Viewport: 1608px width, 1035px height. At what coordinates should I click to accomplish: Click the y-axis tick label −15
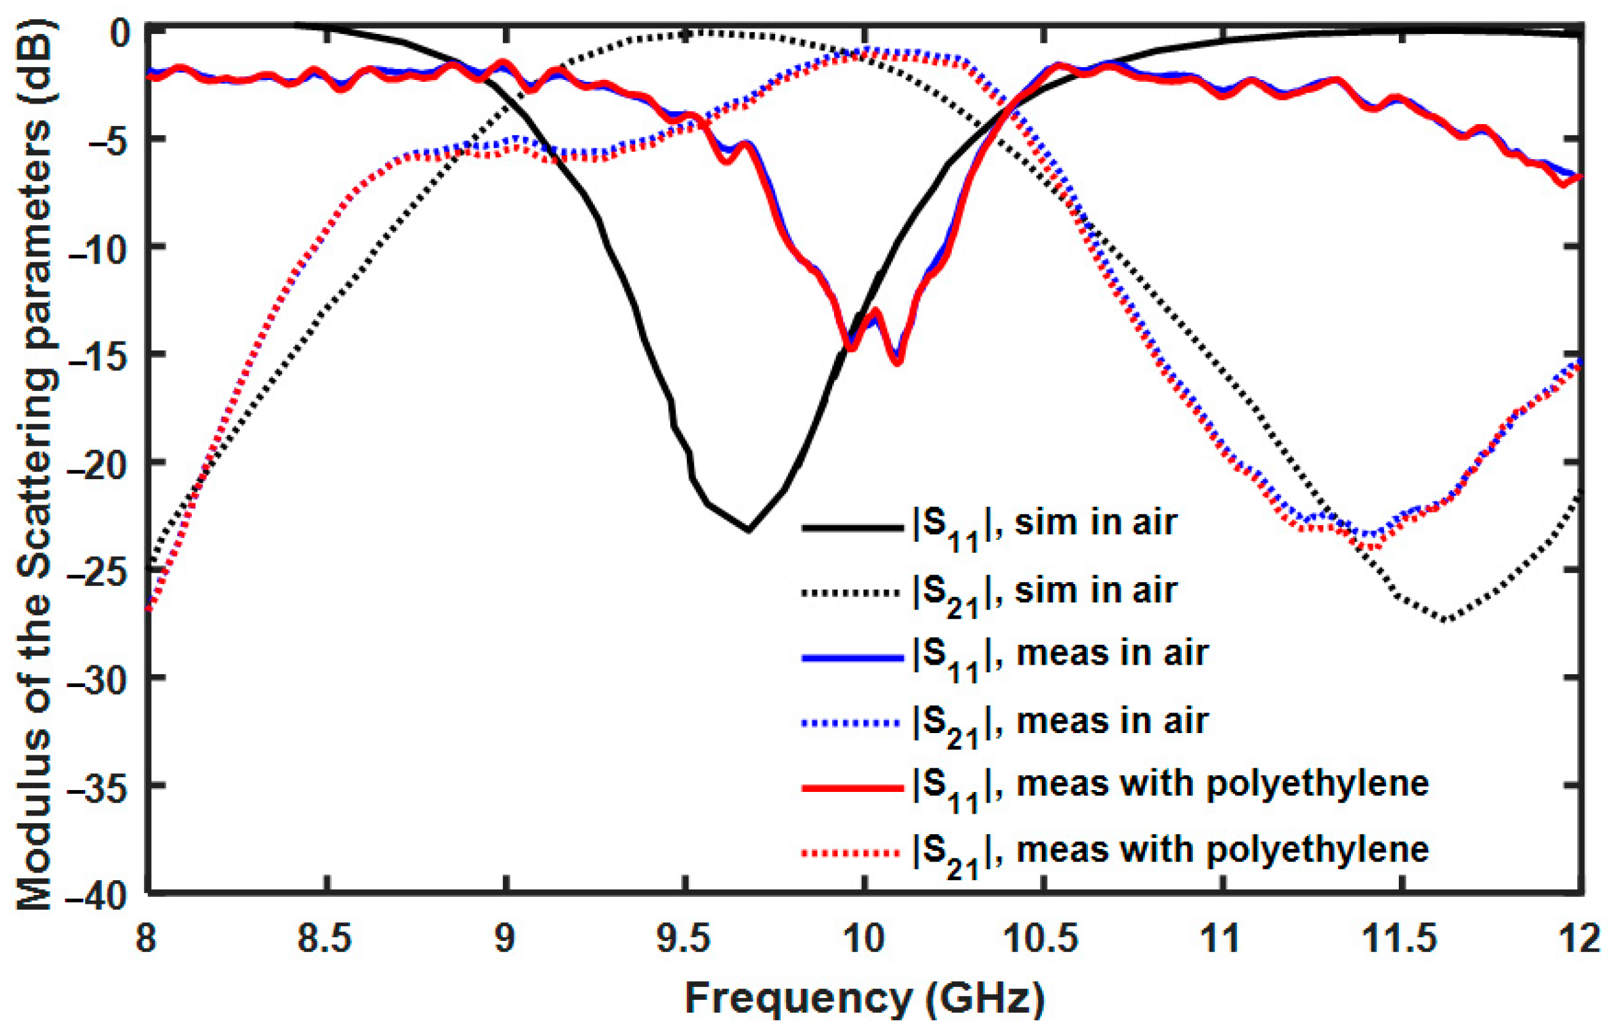[x=101, y=355]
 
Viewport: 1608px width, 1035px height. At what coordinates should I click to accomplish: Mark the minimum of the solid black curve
[x=748, y=531]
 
